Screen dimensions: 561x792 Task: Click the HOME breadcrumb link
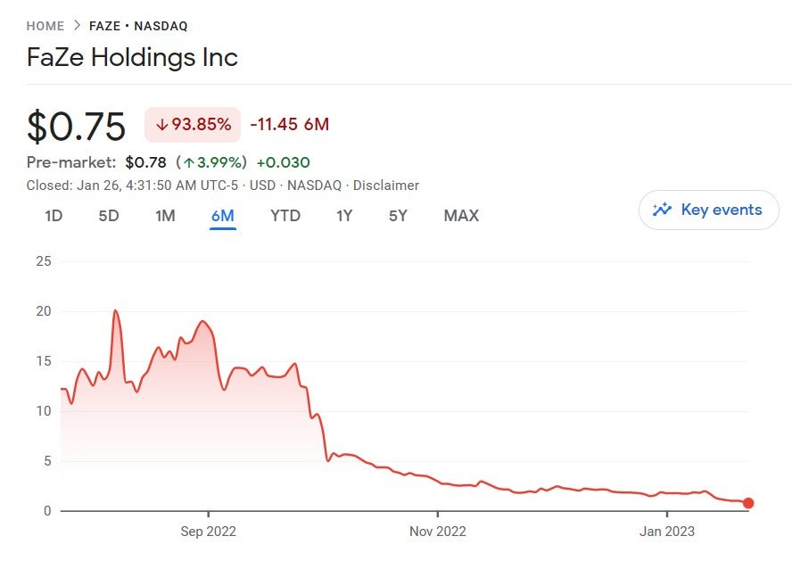point(45,26)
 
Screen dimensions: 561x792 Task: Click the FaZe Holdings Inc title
point(132,58)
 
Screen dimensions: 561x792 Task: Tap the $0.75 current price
point(76,126)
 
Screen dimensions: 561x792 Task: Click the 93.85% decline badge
point(193,124)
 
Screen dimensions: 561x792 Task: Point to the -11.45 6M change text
point(289,124)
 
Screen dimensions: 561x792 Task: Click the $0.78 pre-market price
point(145,162)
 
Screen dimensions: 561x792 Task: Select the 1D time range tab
point(54,216)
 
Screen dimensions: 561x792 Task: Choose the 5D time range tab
point(109,216)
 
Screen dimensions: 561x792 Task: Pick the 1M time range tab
point(165,216)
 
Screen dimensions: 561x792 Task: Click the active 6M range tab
point(222,216)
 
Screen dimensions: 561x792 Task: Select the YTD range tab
point(285,216)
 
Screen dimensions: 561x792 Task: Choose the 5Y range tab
point(398,216)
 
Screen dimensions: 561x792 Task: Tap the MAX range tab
point(461,216)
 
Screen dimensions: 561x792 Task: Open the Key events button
point(708,210)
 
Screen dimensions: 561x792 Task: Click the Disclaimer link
point(386,186)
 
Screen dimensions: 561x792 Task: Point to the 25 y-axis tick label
point(43,261)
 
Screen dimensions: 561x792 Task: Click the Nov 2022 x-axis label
point(438,532)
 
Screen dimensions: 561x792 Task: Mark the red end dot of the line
point(748,503)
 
